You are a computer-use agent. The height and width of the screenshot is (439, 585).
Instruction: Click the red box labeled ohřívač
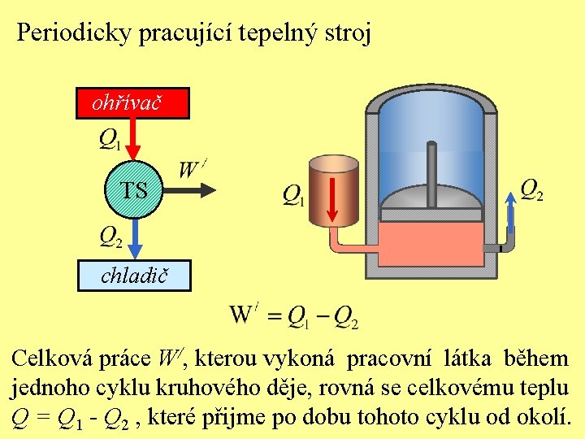[x=132, y=103]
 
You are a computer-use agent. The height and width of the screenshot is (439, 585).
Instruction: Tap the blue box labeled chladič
[x=134, y=276]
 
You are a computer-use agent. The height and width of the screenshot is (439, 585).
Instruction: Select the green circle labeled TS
[x=135, y=190]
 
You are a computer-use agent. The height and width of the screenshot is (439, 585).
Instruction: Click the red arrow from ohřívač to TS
[x=135, y=139]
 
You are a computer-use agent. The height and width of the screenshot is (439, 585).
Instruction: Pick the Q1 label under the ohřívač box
[x=110, y=140]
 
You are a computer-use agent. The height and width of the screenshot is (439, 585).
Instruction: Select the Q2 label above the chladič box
[x=110, y=237]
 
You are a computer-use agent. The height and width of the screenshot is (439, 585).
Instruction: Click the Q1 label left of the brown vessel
[x=293, y=194]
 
